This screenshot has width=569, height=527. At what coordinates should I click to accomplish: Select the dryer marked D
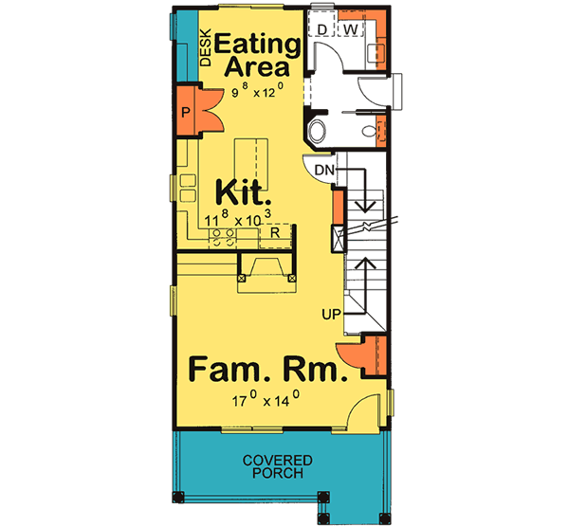pos(322,29)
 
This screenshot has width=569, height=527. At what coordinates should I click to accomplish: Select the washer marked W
pos(350,29)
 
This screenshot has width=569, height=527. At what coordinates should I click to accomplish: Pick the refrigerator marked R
pos(274,231)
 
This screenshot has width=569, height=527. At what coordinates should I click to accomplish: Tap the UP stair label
pos(330,309)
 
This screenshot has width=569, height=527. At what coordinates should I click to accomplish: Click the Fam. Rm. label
pos(266,368)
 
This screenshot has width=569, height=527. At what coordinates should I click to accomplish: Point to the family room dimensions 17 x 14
pos(266,402)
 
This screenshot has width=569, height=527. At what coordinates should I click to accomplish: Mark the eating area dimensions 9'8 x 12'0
pos(269,93)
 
